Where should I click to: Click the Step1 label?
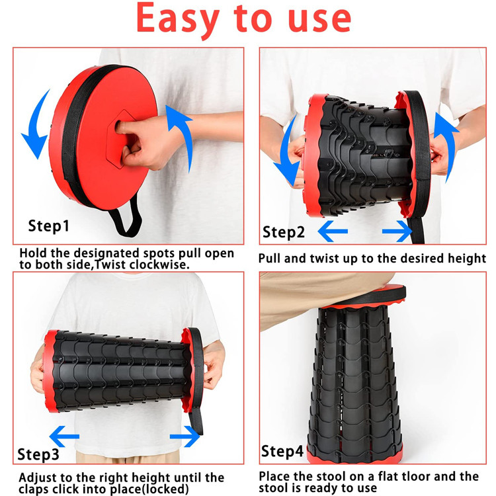click(49, 226)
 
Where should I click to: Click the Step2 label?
click(284, 233)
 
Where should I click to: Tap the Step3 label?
click(38, 454)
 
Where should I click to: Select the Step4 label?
click(282, 451)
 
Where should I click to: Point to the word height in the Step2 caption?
click(467, 259)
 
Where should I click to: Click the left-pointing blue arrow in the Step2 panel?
click(333, 231)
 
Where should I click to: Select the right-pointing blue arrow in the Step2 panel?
click(397, 231)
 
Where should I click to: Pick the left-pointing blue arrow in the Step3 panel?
click(64, 436)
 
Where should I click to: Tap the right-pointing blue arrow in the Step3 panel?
click(185, 436)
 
